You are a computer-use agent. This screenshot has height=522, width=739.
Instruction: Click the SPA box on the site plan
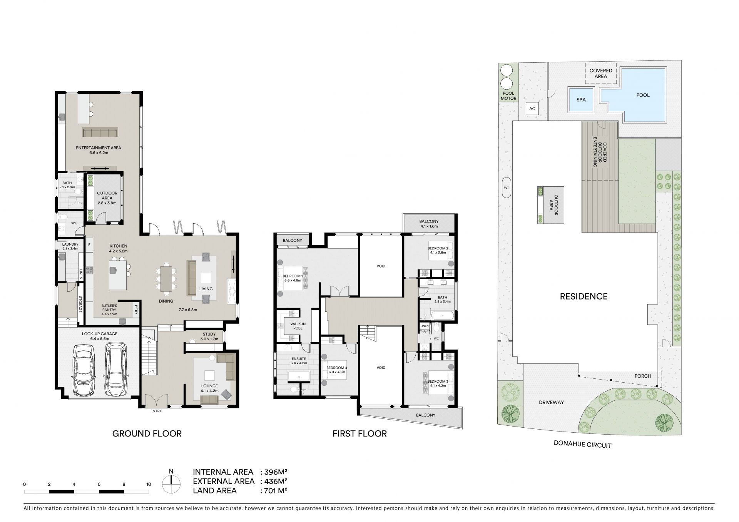pyautogui.click(x=581, y=100)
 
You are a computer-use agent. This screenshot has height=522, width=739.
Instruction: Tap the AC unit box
pyautogui.click(x=532, y=109)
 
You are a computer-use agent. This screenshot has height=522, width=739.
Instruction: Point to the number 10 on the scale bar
pyautogui.click(x=149, y=484)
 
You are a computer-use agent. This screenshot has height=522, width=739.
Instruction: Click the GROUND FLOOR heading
pyautogui.click(x=147, y=434)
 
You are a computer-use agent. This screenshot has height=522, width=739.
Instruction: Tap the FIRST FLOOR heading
pyautogui.click(x=359, y=434)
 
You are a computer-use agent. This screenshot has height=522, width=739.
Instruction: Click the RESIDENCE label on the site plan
pyautogui.click(x=584, y=296)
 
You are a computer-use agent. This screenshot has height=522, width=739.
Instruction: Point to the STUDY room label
pyautogui.click(x=209, y=334)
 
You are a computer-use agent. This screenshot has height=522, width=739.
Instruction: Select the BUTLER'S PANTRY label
pyautogui.click(x=109, y=308)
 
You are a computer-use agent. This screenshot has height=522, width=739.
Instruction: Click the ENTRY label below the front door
pyautogui.click(x=156, y=411)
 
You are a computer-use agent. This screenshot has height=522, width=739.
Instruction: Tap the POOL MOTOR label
pyautogui.click(x=508, y=96)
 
